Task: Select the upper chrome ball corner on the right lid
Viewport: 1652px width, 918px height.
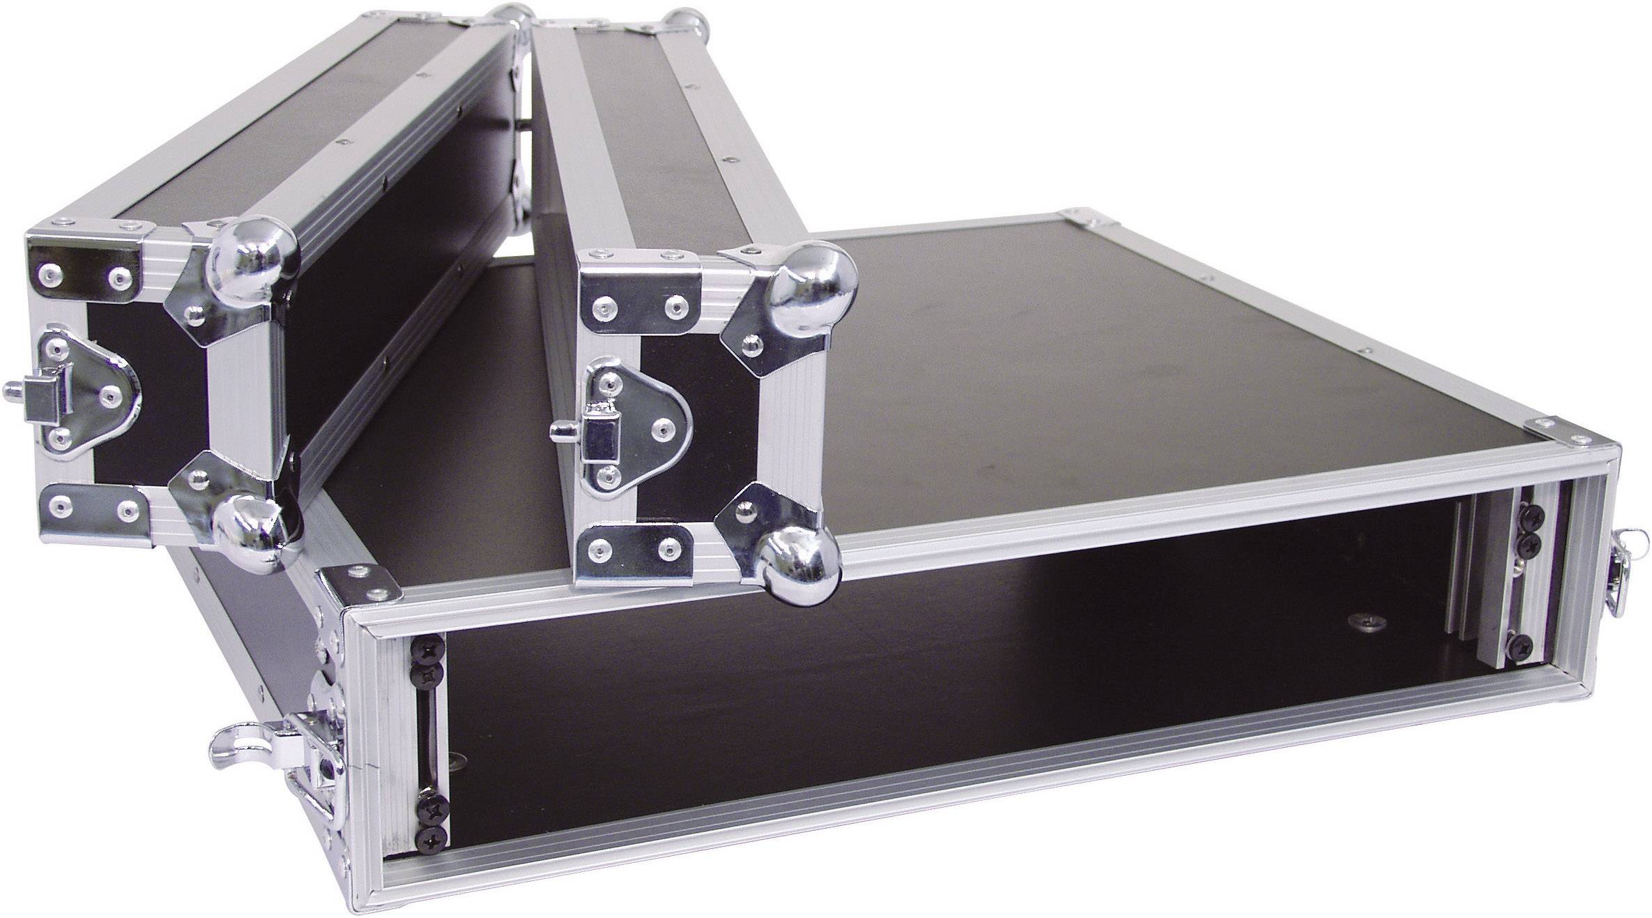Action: pyautogui.click(x=813, y=279)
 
